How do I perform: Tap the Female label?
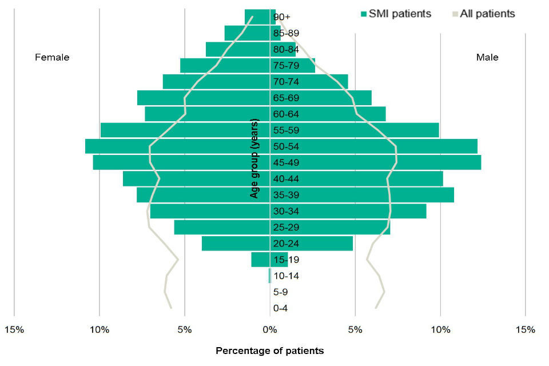point(52,57)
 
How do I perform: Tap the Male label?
point(487,57)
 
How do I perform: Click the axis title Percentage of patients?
point(269,351)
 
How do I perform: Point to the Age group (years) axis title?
point(254,158)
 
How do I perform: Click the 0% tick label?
point(270,329)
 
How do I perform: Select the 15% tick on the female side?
point(14,329)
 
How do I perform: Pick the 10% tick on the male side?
point(440,329)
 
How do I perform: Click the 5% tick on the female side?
point(185,329)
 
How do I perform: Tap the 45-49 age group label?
point(286,163)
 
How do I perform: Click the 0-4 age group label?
point(281,309)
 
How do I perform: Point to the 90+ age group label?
point(283,17)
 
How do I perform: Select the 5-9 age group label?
point(281,293)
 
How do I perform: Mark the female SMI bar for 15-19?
point(260,260)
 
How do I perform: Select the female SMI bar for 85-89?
point(247,33)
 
